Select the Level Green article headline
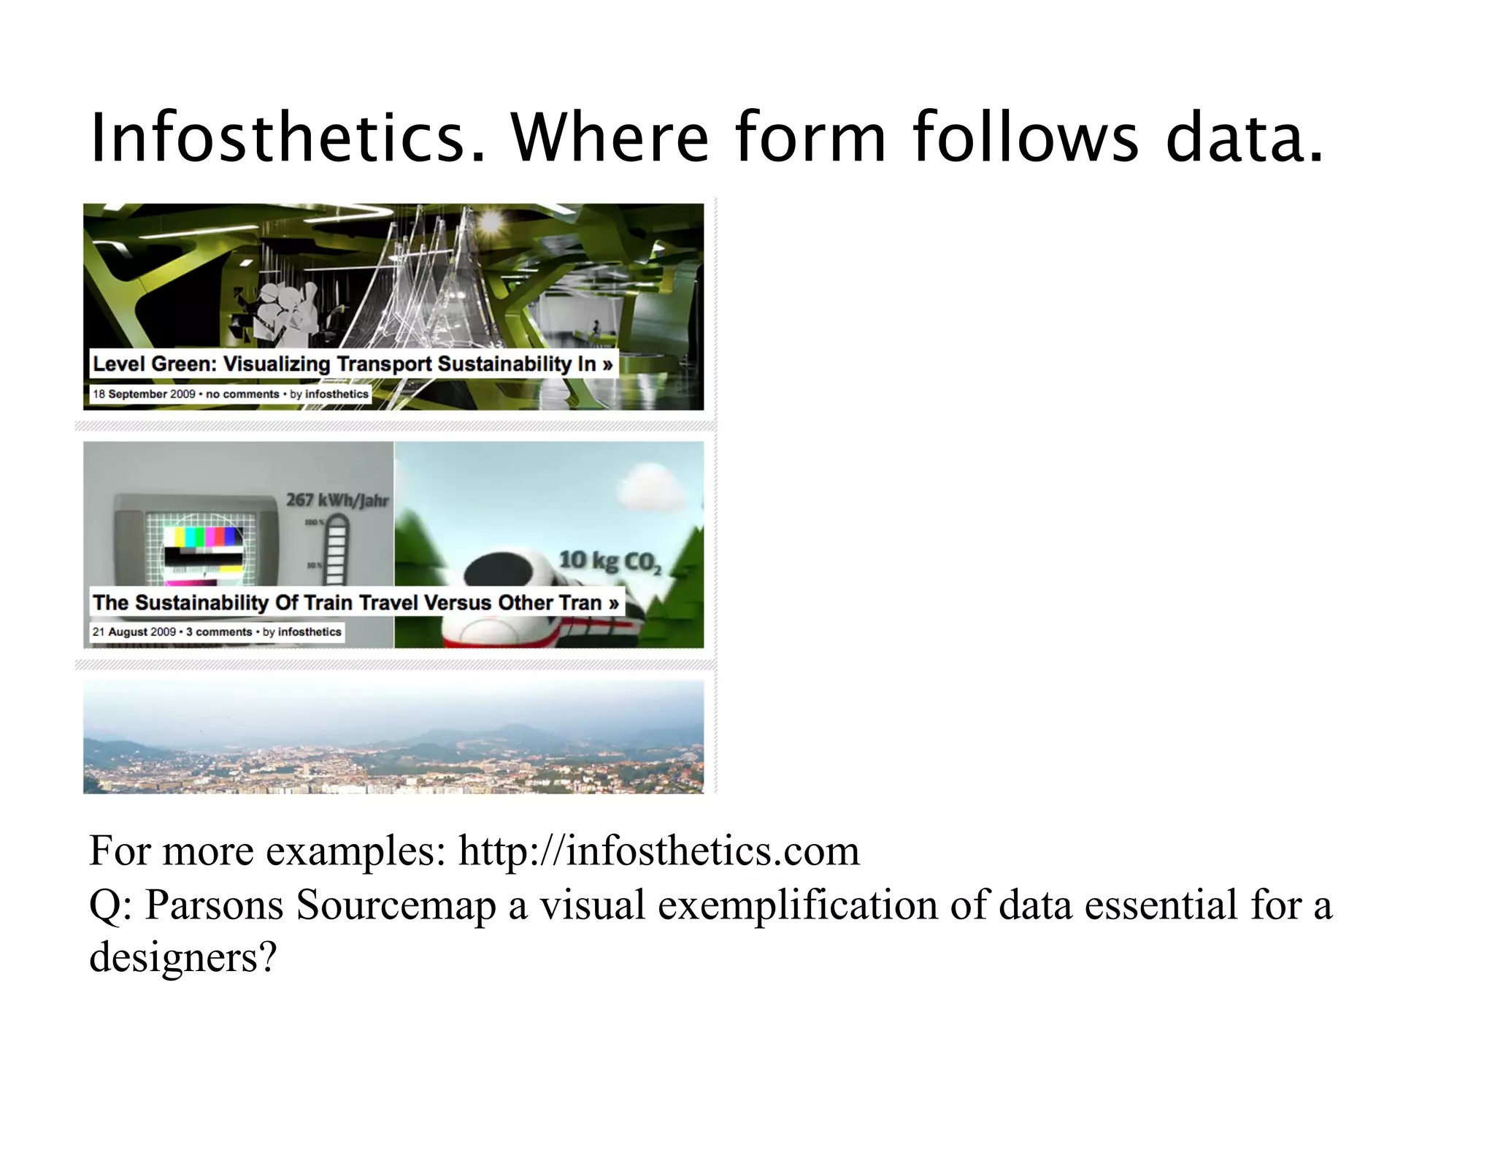click(x=353, y=364)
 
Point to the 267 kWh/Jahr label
click(x=337, y=500)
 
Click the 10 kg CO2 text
click(x=610, y=561)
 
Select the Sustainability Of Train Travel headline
click(x=356, y=602)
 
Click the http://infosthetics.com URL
click(x=658, y=851)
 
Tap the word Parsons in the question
click(x=215, y=905)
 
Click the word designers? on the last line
click(x=183, y=956)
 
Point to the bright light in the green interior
click(x=491, y=220)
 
